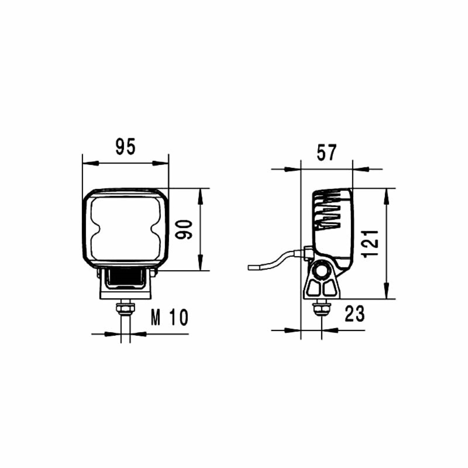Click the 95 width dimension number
click(125, 147)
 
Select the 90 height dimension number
click(183, 229)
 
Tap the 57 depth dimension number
click(326, 152)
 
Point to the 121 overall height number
click(369, 244)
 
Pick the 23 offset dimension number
click(355, 314)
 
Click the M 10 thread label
click(169, 317)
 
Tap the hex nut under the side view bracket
click(321, 308)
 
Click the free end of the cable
click(249, 267)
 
